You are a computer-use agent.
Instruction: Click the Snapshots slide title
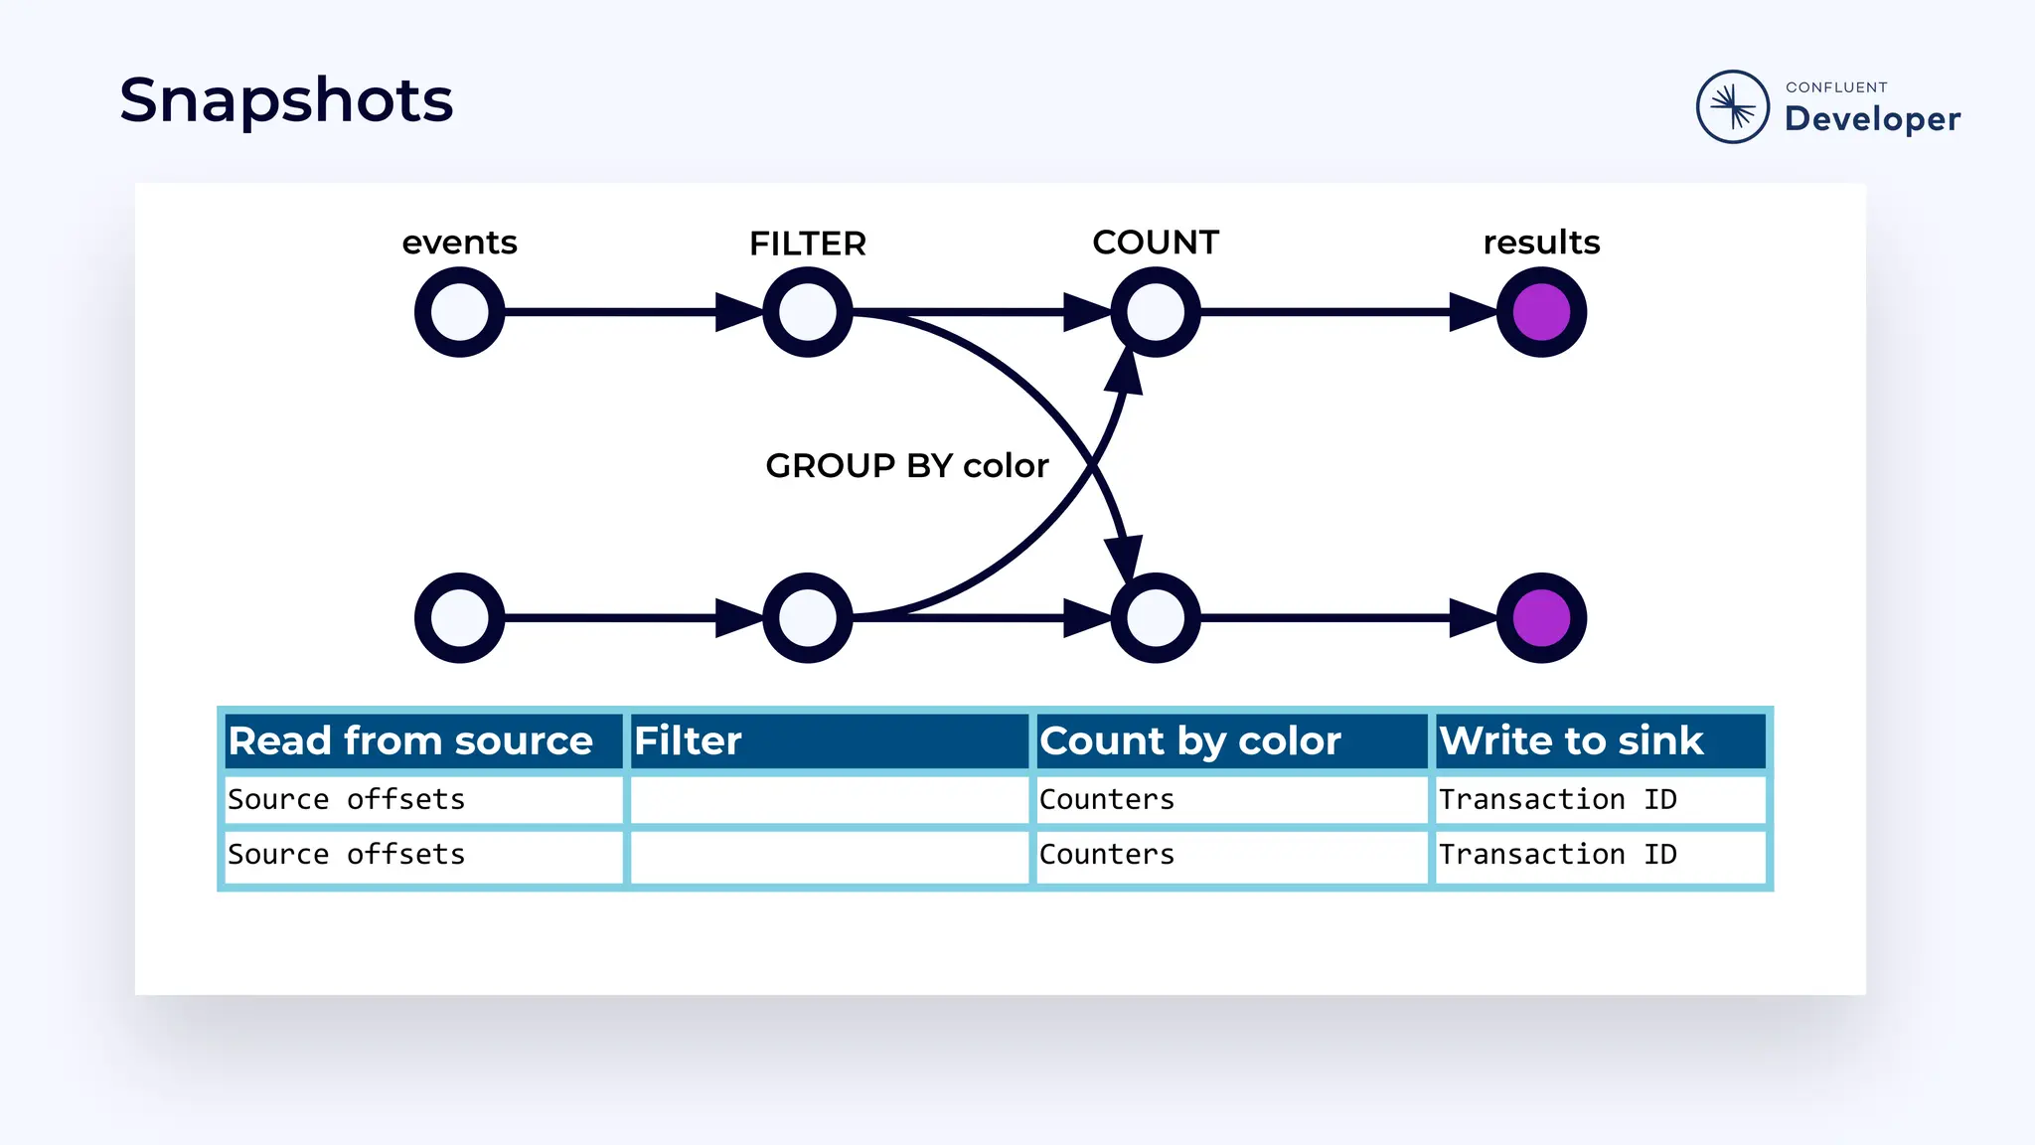pos(286,101)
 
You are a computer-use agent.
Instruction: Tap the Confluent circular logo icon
pos(1732,106)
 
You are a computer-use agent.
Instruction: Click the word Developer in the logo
pos(1872,119)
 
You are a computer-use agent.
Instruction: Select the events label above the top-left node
pos(459,243)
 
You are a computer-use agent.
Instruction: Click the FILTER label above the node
pos(807,244)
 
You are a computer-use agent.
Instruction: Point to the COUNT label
pos(1155,243)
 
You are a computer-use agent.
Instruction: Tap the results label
pos(1541,243)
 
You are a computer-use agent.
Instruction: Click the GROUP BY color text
pos(906,465)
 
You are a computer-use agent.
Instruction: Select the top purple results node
pos(1541,312)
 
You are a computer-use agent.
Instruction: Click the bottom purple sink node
pos(1541,618)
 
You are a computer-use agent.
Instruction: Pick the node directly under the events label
pos(459,312)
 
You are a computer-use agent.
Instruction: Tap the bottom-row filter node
pos(807,618)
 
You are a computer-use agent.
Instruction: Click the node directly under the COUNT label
pos(1155,312)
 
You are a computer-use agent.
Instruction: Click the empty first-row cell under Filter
pos(829,799)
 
